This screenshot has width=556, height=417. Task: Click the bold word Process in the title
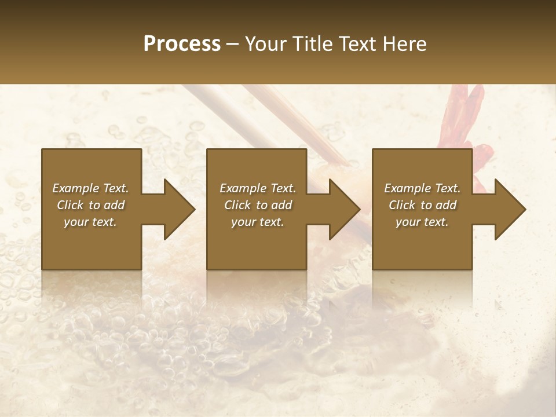(182, 44)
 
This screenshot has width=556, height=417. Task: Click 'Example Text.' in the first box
(90, 188)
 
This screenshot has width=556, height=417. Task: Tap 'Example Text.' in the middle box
(258, 188)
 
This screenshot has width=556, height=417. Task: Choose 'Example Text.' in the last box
(422, 188)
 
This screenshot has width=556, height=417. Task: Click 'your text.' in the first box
(90, 222)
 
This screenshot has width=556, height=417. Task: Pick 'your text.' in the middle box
(258, 222)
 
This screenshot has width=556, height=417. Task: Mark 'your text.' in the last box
(422, 222)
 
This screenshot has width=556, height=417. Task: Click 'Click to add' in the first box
(90, 205)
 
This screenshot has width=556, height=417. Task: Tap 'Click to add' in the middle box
(258, 205)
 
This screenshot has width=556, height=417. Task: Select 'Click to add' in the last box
(422, 205)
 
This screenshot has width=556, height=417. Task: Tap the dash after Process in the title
(233, 44)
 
